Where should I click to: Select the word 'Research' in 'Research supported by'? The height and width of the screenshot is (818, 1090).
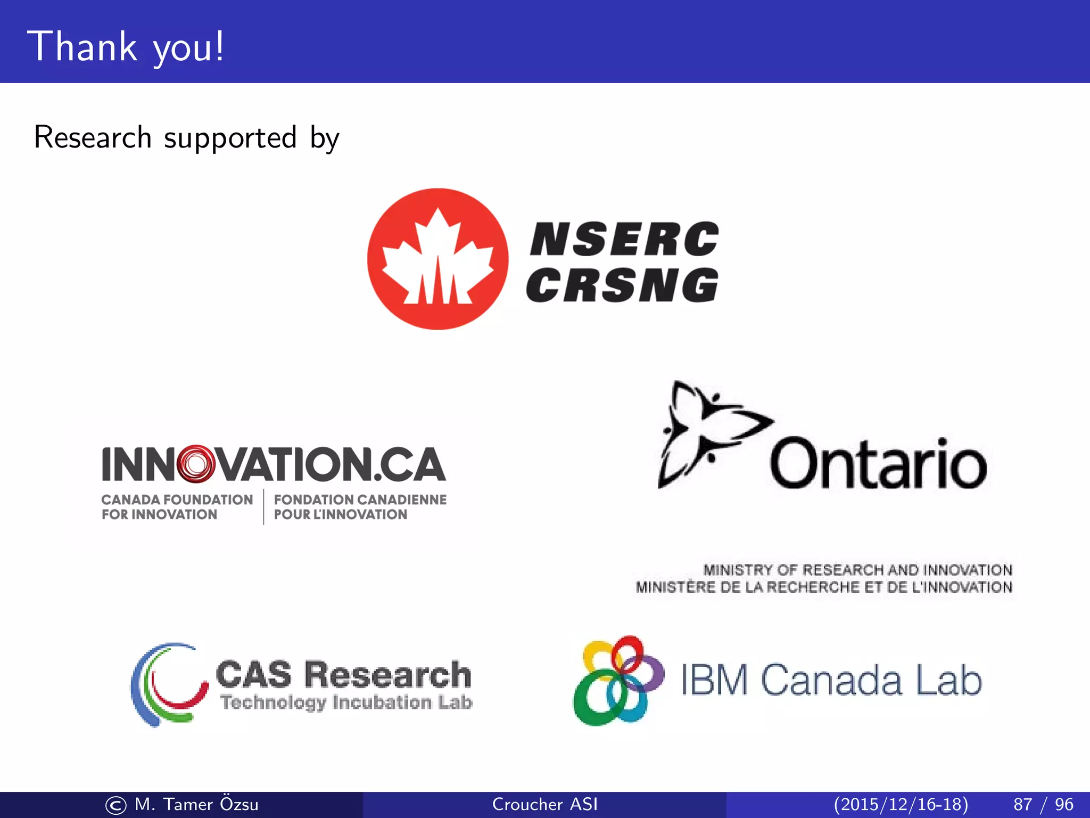[x=93, y=137]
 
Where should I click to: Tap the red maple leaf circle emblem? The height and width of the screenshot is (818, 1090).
[x=437, y=259]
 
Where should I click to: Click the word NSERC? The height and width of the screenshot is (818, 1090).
[x=624, y=239]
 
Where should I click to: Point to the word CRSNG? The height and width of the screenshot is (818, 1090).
[x=622, y=285]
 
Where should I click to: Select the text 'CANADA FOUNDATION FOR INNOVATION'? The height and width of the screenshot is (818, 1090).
[x=177, y=507]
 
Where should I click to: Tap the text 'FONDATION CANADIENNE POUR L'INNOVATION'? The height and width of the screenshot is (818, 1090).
[x=360, y=507]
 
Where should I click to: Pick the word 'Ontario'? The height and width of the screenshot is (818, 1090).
[x=878, y=464]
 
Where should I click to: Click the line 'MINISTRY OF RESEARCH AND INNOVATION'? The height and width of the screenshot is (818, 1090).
[x=857, y=570]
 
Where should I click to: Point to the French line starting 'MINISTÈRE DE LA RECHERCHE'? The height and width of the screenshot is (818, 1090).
[x=824, y=587]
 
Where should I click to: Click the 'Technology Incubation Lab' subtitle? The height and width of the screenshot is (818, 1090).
[x=346, y=702]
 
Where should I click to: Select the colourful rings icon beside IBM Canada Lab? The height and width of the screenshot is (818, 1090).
[x=617, y=680]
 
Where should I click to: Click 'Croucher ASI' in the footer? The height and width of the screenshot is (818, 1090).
[x=544, y=804]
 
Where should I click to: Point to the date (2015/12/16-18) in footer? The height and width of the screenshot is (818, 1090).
[x=901, y=804]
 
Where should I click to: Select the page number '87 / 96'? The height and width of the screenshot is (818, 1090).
[x=1043, y=804]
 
